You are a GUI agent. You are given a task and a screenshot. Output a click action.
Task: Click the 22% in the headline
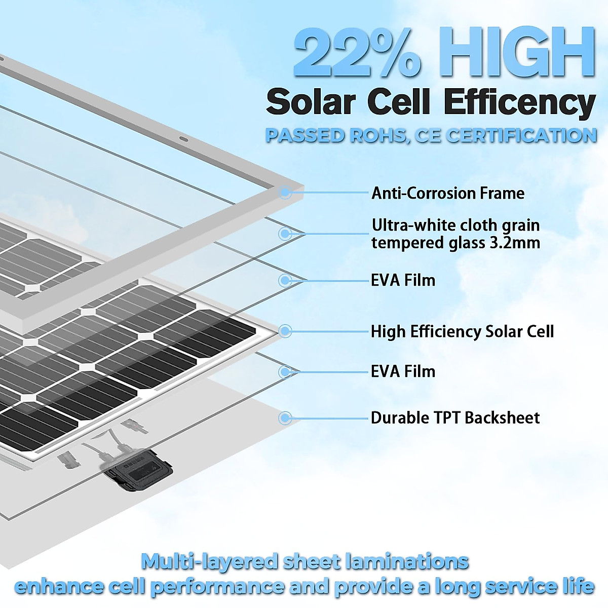(357, 53)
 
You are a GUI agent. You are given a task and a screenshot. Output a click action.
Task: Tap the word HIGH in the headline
(517, 53)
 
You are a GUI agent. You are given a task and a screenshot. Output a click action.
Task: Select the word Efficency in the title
(519, 103)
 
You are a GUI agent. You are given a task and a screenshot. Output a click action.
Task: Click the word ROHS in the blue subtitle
(377, 136)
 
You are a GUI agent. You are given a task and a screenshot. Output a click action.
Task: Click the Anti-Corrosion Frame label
(448, 193)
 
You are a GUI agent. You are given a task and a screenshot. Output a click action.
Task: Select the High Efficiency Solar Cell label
(462, 331)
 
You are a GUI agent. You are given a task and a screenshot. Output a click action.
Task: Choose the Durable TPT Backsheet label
(455, 417)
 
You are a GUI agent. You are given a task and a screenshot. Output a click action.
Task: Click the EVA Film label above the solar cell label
(403, 280)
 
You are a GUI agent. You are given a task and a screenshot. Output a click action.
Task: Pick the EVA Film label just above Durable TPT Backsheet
(403, 371)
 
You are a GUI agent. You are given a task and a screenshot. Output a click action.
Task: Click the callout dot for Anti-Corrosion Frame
(285, 192)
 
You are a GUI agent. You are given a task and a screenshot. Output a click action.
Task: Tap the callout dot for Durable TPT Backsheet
(285, 418)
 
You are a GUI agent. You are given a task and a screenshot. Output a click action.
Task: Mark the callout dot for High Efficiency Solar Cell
(285, 331)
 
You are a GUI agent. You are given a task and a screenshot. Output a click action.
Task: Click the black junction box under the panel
(138, 471)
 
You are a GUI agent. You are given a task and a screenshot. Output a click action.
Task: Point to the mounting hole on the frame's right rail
(183, 138)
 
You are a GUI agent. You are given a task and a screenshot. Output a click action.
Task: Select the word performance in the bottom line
(218, 587)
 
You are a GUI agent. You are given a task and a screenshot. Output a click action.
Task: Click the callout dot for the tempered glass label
(285, 234)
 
